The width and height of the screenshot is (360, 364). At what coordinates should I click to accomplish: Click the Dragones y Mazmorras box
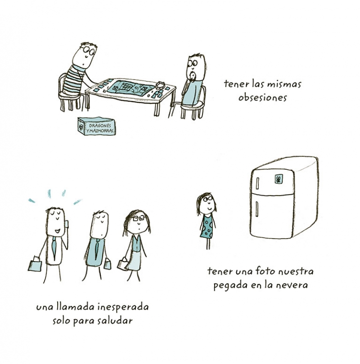point(97,126)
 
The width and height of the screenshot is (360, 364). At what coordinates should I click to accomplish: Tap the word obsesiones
point(262,98)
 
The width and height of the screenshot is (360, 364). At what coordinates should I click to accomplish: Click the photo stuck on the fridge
point(279,179)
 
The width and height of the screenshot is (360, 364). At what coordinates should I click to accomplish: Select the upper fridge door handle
point(257,183)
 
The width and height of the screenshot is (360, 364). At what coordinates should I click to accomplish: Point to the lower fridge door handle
point(257,209)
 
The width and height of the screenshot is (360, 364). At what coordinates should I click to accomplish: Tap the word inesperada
point(123,307)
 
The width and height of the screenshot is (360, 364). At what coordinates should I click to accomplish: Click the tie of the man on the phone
point(54,247)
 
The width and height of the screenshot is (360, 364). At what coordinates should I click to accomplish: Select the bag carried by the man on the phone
point(35,264)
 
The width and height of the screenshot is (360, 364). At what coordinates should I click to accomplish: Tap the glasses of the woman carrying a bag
point(139,218)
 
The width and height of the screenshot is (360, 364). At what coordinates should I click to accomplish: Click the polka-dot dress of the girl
point(207,226)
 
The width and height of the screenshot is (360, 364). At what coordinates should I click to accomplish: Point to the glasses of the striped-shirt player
point(89,50)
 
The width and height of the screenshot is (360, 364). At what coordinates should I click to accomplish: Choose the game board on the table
point(130,88)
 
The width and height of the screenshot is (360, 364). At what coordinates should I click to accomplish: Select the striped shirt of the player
point(74,80)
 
